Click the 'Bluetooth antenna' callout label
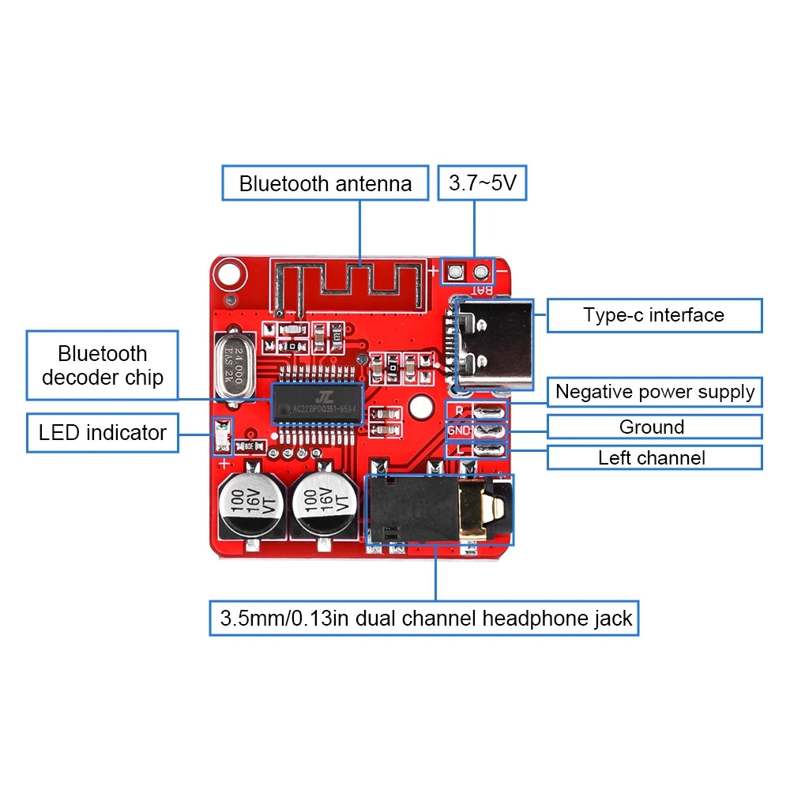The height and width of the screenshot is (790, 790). pyautogui.click(x=325, y=183)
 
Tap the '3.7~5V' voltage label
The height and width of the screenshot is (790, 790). pyautogui.click(x=482, y=183)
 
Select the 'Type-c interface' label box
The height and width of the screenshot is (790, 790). pyautogui.click(x=654, y=315)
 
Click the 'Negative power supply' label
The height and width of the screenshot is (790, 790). pyautogui.click(x=654, y=392)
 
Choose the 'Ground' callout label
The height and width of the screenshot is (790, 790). pyautogui.click(x=654, y=427)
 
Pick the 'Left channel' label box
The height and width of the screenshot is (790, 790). pyautogui.click(x=654, y=457)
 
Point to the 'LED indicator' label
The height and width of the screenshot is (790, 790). pyautogui.click(x=103, y=433)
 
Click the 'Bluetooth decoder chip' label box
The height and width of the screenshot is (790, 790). pyautogui.click(x=103, y=365)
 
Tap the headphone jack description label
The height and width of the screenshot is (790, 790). pyautogui.click(x=424, y=618)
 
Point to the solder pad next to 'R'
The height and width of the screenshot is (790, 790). pyautogui.click(x=491, y=411)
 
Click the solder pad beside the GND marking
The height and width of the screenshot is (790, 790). pyautogui.click(x=491, y=431)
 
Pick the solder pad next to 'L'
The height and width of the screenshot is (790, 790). pyautogui.click(x=491, y=451)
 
